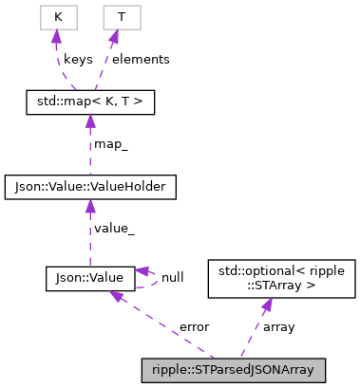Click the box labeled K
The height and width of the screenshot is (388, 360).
point(58,18)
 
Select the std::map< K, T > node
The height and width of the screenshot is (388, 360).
point(89,99)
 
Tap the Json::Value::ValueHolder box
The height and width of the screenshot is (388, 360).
point(90,188)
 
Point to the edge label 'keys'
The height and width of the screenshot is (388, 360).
point(78,59)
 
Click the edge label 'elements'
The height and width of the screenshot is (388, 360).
point(141,59)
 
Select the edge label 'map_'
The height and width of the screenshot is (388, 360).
point(112,143)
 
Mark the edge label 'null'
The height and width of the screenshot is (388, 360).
point(173,278)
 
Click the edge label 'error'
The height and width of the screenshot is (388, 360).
point(195,327)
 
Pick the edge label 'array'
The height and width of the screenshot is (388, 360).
point(278,327)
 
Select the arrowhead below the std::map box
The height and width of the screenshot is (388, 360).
point(90,120)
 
